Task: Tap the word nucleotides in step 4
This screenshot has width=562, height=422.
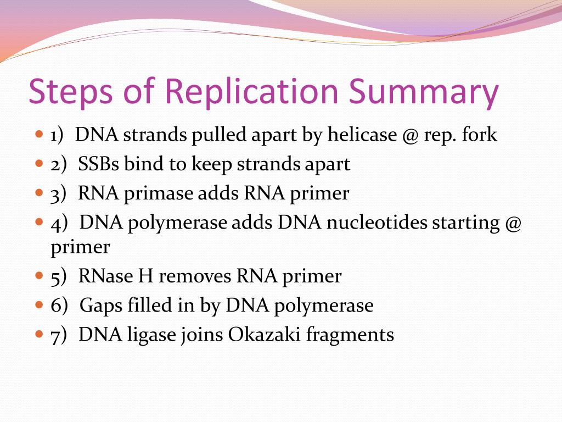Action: [377, 223]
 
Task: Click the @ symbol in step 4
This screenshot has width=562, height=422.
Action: [512, 223]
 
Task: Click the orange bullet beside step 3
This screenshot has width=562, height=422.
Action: [38, 193]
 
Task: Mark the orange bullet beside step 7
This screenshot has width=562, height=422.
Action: [38, 334]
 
